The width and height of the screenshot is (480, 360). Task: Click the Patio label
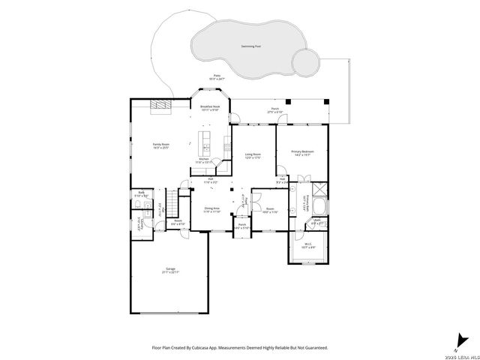pos(217,77)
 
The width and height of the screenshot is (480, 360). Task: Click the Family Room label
pos(161,145)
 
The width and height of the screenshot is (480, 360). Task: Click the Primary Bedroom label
pos(302,154)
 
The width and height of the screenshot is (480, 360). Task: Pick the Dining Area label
pos(211,210)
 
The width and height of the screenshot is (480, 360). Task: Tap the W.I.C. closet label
pos(307,245)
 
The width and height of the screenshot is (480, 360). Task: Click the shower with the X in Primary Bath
pos(318,190)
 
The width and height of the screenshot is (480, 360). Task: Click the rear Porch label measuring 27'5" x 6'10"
pos(276,110)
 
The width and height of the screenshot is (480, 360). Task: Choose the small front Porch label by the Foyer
pos(242,226)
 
